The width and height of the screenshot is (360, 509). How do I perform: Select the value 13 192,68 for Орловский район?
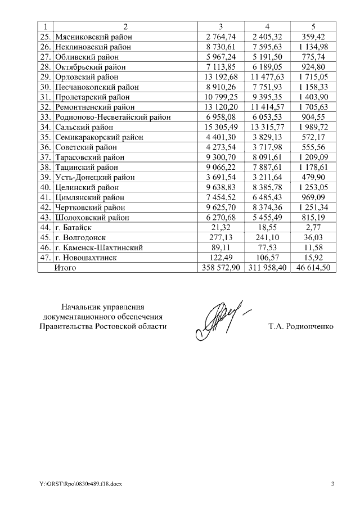(221, 77)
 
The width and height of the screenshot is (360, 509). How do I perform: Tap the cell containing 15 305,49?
(221, 127)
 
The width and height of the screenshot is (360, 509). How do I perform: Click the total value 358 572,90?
(221, 268)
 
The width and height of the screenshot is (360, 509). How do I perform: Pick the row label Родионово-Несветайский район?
(112, 117)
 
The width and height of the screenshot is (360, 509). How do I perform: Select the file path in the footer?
(76, 484)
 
